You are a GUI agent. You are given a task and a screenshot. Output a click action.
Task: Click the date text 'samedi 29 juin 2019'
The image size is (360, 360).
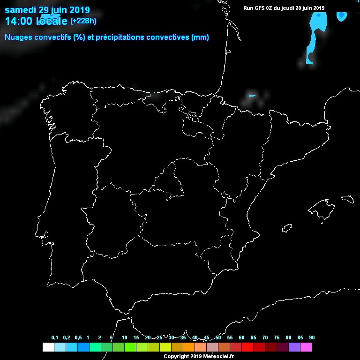[47, 10]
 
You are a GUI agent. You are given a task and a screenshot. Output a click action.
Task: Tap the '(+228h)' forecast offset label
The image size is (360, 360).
[84, 21]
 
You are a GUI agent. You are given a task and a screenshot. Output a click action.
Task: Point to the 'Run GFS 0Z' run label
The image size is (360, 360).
[257, 8]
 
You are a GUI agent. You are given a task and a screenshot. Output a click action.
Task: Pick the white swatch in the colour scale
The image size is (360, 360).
[48, 347]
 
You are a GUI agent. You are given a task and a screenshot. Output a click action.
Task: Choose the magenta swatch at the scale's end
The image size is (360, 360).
[306, 347]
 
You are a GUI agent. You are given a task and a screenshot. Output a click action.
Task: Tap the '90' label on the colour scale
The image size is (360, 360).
[312, 338]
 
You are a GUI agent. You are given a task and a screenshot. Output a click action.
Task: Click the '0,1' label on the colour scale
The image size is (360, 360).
[55, 338]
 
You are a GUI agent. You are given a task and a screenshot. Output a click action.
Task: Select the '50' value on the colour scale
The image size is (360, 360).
[218, 338]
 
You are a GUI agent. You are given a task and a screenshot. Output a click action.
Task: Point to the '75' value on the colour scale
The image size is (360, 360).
[277, 338]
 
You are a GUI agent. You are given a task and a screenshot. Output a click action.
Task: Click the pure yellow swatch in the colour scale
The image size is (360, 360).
[165, 347]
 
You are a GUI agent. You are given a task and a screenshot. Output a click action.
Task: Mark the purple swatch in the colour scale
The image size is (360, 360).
[294, 347]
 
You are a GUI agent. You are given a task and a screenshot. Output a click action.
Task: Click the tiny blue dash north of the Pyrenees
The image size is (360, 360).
[252, 96]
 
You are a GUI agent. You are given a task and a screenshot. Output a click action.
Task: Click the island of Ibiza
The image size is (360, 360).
[287, 228]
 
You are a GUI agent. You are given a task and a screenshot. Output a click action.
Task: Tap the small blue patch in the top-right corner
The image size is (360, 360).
[342, 16]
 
